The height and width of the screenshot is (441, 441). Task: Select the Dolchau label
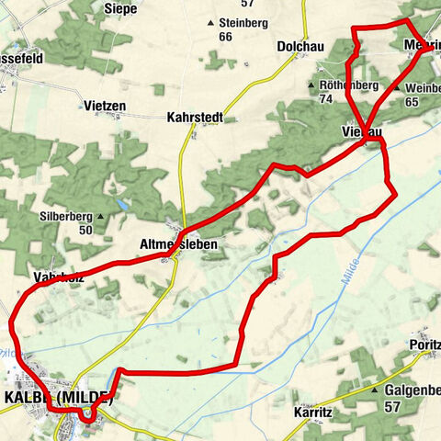(299, 45)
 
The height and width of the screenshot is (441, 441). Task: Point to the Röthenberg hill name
(348, 85)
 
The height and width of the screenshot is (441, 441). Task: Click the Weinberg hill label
(423, 88)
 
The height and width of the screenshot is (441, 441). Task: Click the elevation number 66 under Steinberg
(225, 36)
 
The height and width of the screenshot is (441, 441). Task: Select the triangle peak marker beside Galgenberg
(376, 390)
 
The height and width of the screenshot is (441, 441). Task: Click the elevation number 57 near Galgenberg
(391, 405)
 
